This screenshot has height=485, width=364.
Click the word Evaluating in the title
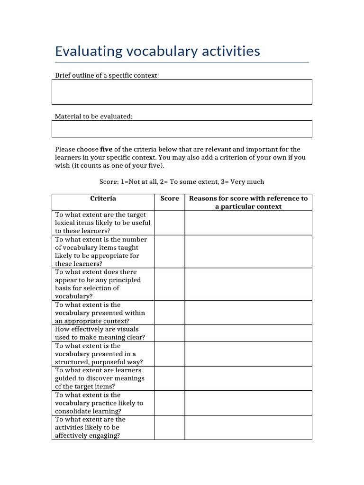pos(88,51)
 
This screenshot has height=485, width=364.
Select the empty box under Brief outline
pos(182,92)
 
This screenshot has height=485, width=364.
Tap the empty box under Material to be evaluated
pos(182,128)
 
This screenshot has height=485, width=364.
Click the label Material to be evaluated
pos(94,116)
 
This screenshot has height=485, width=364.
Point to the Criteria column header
pos(103,198)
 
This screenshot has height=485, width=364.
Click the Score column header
pos(170,198)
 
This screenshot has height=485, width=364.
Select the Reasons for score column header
pos(248,202)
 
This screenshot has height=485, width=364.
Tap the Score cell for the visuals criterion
pos(170,333)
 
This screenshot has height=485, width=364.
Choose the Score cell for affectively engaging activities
pos(170,427)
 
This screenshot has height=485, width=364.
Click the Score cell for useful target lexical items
pos(170,223)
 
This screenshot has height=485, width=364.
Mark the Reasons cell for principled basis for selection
pos(248,284)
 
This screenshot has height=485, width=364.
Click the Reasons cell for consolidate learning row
pos(248,403)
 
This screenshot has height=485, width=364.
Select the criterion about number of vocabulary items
pos(101,251)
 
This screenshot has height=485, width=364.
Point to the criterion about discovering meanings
pos(100,378)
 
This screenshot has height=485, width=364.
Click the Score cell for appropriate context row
pos(170,313)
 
